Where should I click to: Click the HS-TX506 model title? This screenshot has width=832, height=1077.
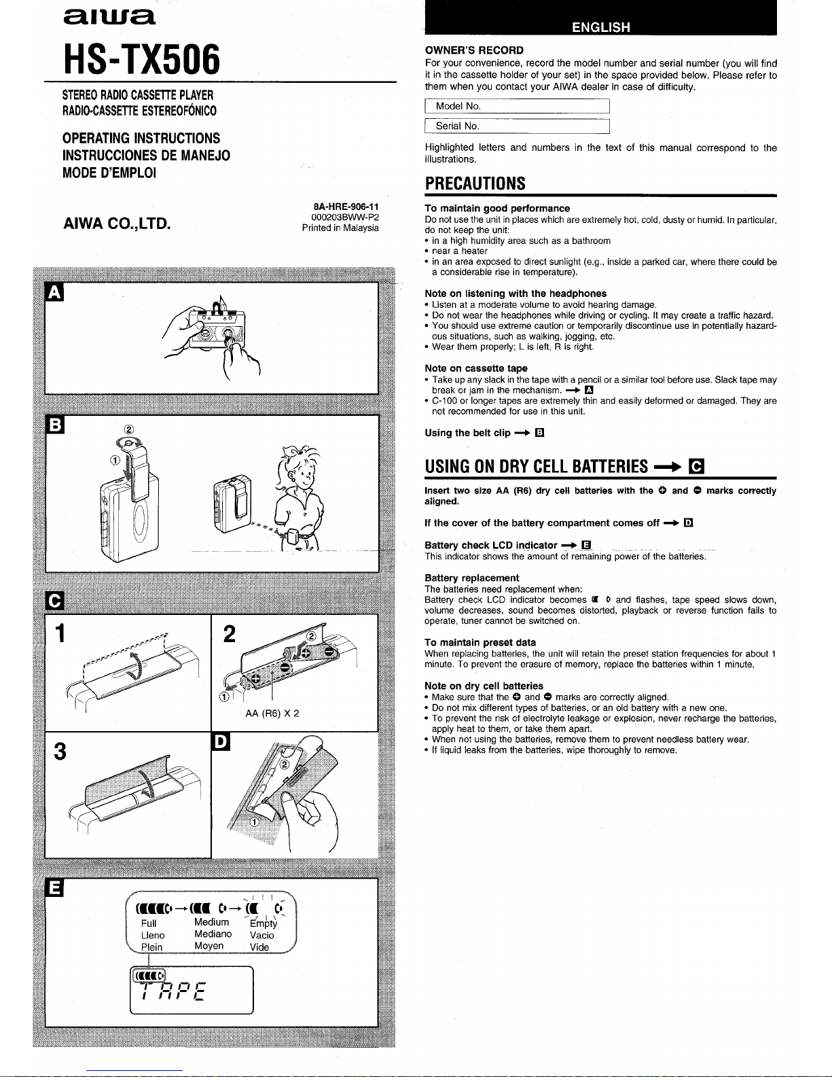point(142,60)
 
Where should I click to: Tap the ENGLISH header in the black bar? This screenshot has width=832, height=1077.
point(600,27)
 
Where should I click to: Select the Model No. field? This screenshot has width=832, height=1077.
point(517,106)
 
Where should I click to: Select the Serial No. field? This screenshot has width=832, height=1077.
point(517,126)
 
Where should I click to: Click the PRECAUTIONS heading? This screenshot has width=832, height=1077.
point(475,183)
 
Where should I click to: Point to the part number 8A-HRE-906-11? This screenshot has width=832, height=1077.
point(346,207)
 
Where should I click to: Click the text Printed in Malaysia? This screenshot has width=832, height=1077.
point(340,228)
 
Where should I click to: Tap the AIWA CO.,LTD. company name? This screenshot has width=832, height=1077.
point(117,224)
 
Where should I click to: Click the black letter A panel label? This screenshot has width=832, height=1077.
point(54,292)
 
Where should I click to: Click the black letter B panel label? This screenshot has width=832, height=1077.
point(55,424)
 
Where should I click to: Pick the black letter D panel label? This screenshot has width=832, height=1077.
point(221,741)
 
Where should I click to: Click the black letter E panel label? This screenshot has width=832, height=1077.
point(54,887)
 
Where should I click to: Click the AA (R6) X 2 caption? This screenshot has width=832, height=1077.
point(272,713)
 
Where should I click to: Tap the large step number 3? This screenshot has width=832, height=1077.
point(60,752)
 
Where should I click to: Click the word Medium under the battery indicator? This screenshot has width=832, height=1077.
point(211,922)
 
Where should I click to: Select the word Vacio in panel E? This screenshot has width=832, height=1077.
point(261,935)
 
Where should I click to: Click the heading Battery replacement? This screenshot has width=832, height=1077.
point(471,578)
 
